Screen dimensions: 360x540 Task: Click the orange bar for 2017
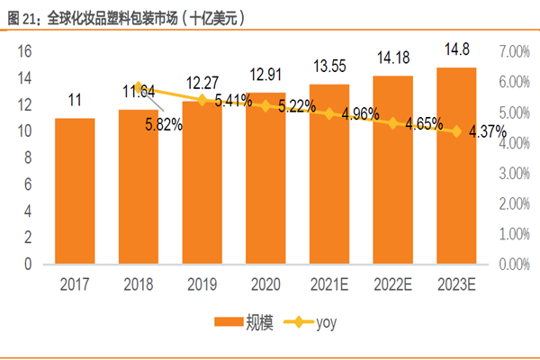(x=75, y=191)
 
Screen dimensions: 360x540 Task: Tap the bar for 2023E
(x=456, y=166)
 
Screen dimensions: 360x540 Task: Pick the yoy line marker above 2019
(x=202, y=100)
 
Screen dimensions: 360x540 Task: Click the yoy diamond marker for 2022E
(x=392, y=122)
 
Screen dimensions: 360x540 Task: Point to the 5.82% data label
(x=164, y=126)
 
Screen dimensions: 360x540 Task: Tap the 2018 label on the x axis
(x=138, y=285)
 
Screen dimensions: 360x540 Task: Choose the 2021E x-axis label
(x=328, y=285)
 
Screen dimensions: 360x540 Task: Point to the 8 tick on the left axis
(x=28, y=158)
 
